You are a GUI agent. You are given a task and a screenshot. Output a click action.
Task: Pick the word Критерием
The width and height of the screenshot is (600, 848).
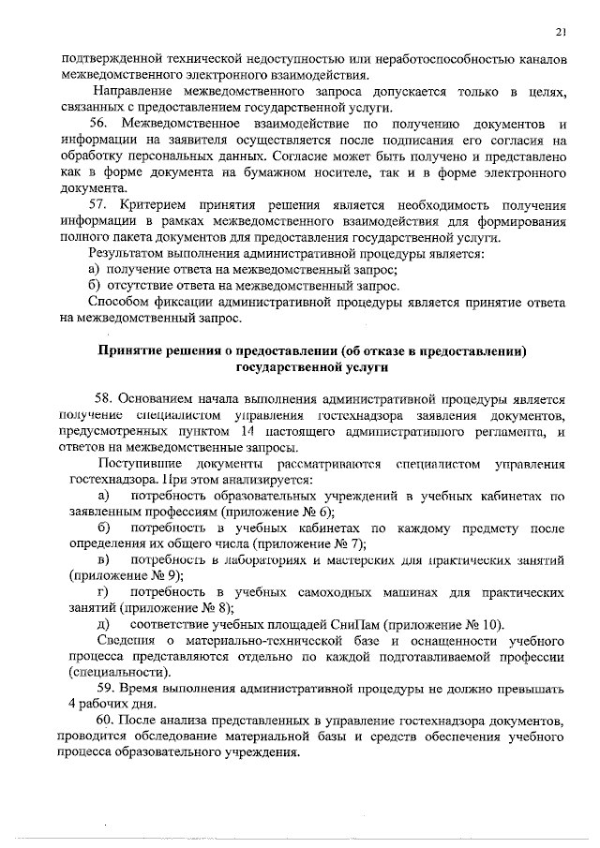tap(156, 204)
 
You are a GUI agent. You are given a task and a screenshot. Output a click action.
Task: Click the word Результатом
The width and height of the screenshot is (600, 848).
tap(127, 253)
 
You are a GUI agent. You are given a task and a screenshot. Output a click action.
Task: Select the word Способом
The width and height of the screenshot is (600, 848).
tap(119, 302)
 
